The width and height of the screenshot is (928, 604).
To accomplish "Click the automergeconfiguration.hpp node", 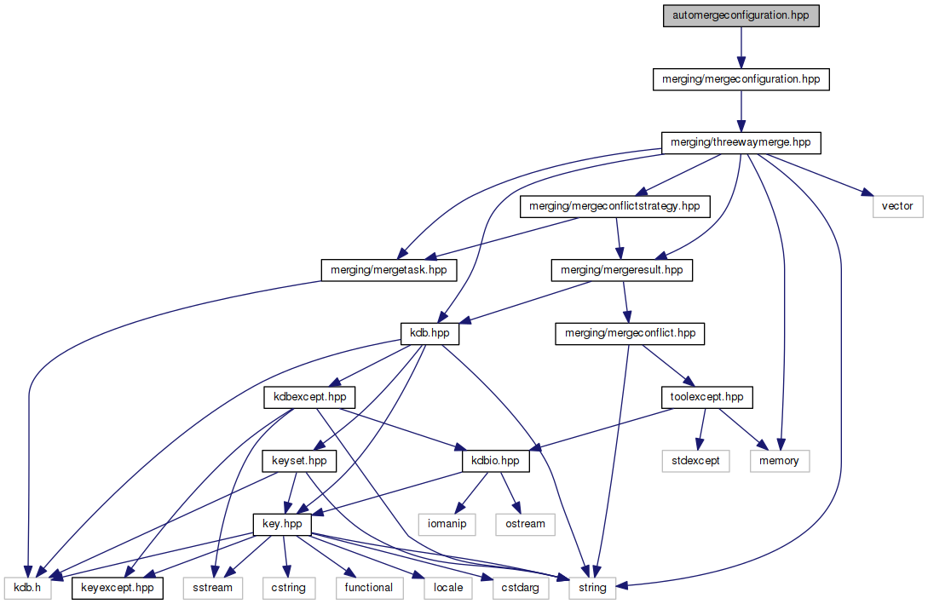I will pos(741,15).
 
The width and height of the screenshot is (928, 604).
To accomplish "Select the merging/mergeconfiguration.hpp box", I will pos(741,79).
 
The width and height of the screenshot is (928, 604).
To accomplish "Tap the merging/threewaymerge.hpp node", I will pos(741,142).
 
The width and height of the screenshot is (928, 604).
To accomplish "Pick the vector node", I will pos(897,206).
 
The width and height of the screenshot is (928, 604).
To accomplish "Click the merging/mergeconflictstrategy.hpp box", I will pos(614,206).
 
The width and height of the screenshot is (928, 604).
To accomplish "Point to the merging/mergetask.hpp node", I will pos(388,270).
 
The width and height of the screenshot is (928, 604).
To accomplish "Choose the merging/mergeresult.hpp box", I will pos(622,270).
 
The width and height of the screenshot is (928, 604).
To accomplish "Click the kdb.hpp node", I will pos(429,333).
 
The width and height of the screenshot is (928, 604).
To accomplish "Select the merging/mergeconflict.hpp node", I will pos(630,333).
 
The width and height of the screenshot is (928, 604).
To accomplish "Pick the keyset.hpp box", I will pos(298,461).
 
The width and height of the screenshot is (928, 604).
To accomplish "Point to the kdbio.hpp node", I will pos(495,461).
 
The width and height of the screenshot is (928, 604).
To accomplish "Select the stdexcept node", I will pos(695,461).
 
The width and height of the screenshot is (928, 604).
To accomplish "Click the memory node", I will pos(779,461).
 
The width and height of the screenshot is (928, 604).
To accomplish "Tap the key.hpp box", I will pos(281,524).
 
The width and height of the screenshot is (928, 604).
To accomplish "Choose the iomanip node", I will pos(446,524).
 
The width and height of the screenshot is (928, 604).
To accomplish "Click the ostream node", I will pos(525,524).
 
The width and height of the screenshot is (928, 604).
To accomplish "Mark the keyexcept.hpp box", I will pos(117,588).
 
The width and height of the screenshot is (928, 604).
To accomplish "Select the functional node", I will pos(369,588).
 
